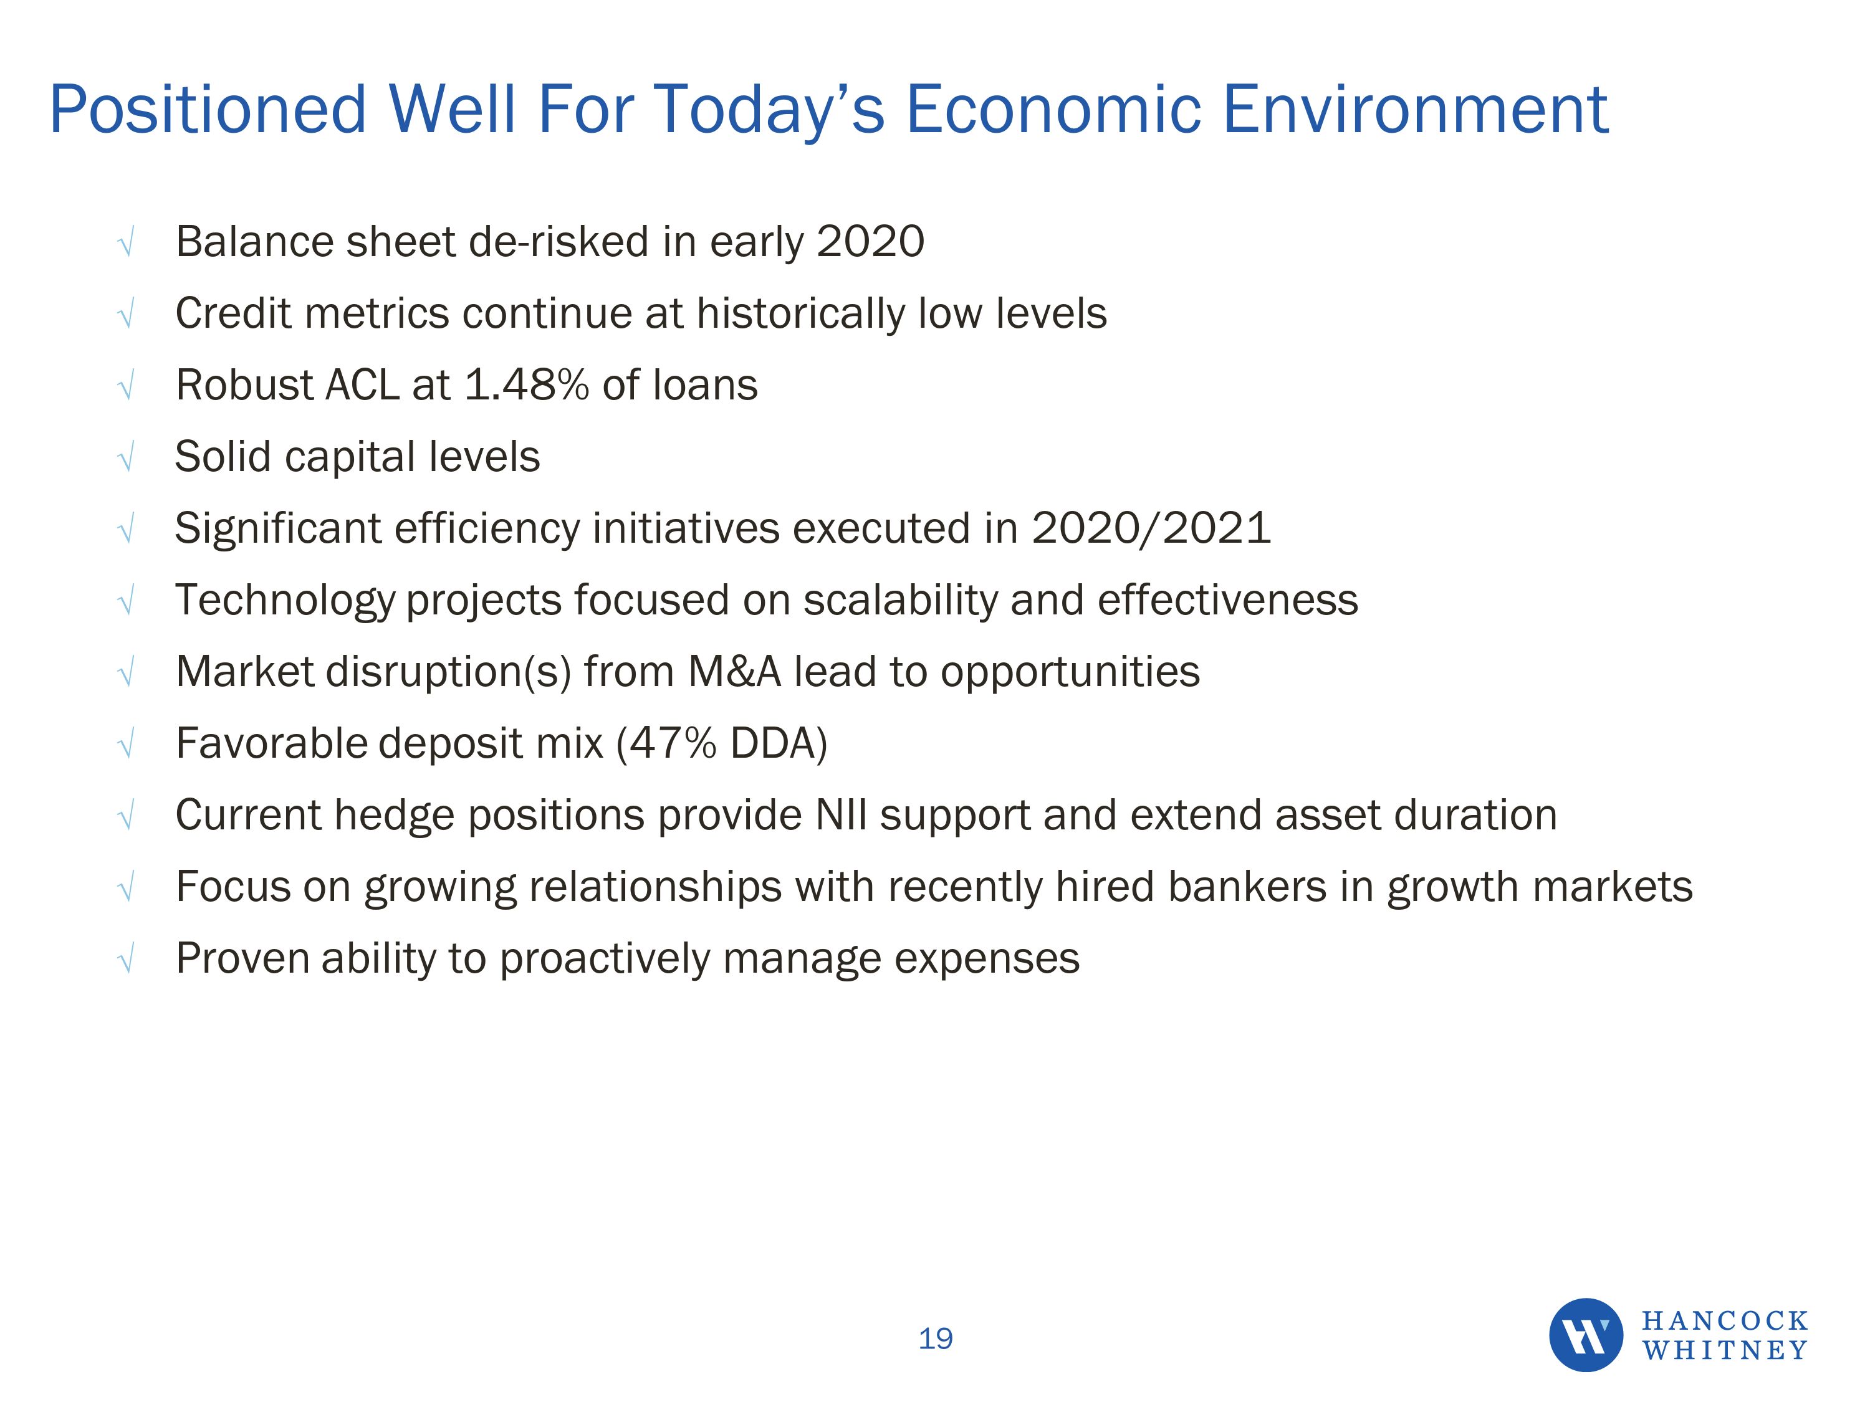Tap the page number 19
pyautogui.click(x=935, y=1338)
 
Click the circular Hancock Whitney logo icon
pyautogui.click(x=1585, y=1335)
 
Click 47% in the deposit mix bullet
pyautogui.click(x=672, y=743)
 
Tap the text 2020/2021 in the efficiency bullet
pyautogui.click(x=1151, y=529)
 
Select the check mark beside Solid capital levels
pyautogui.click(x=126, y=459)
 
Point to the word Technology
pyautogui.click(x=285, y=601)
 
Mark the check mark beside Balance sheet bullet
pyautogui.click(x=126, y=244)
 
